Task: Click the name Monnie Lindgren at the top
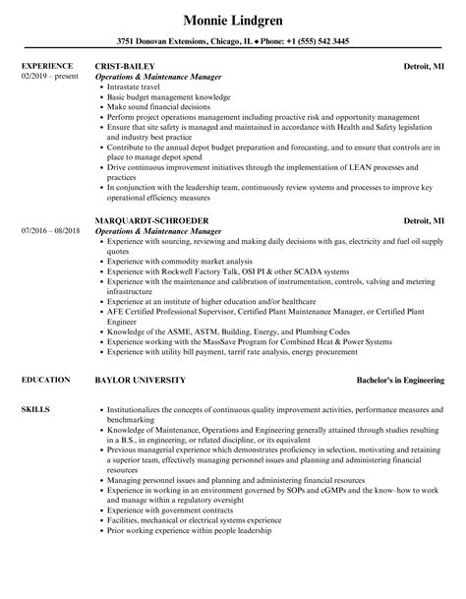click(232, 20)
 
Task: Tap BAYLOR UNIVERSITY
click(139, 380)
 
